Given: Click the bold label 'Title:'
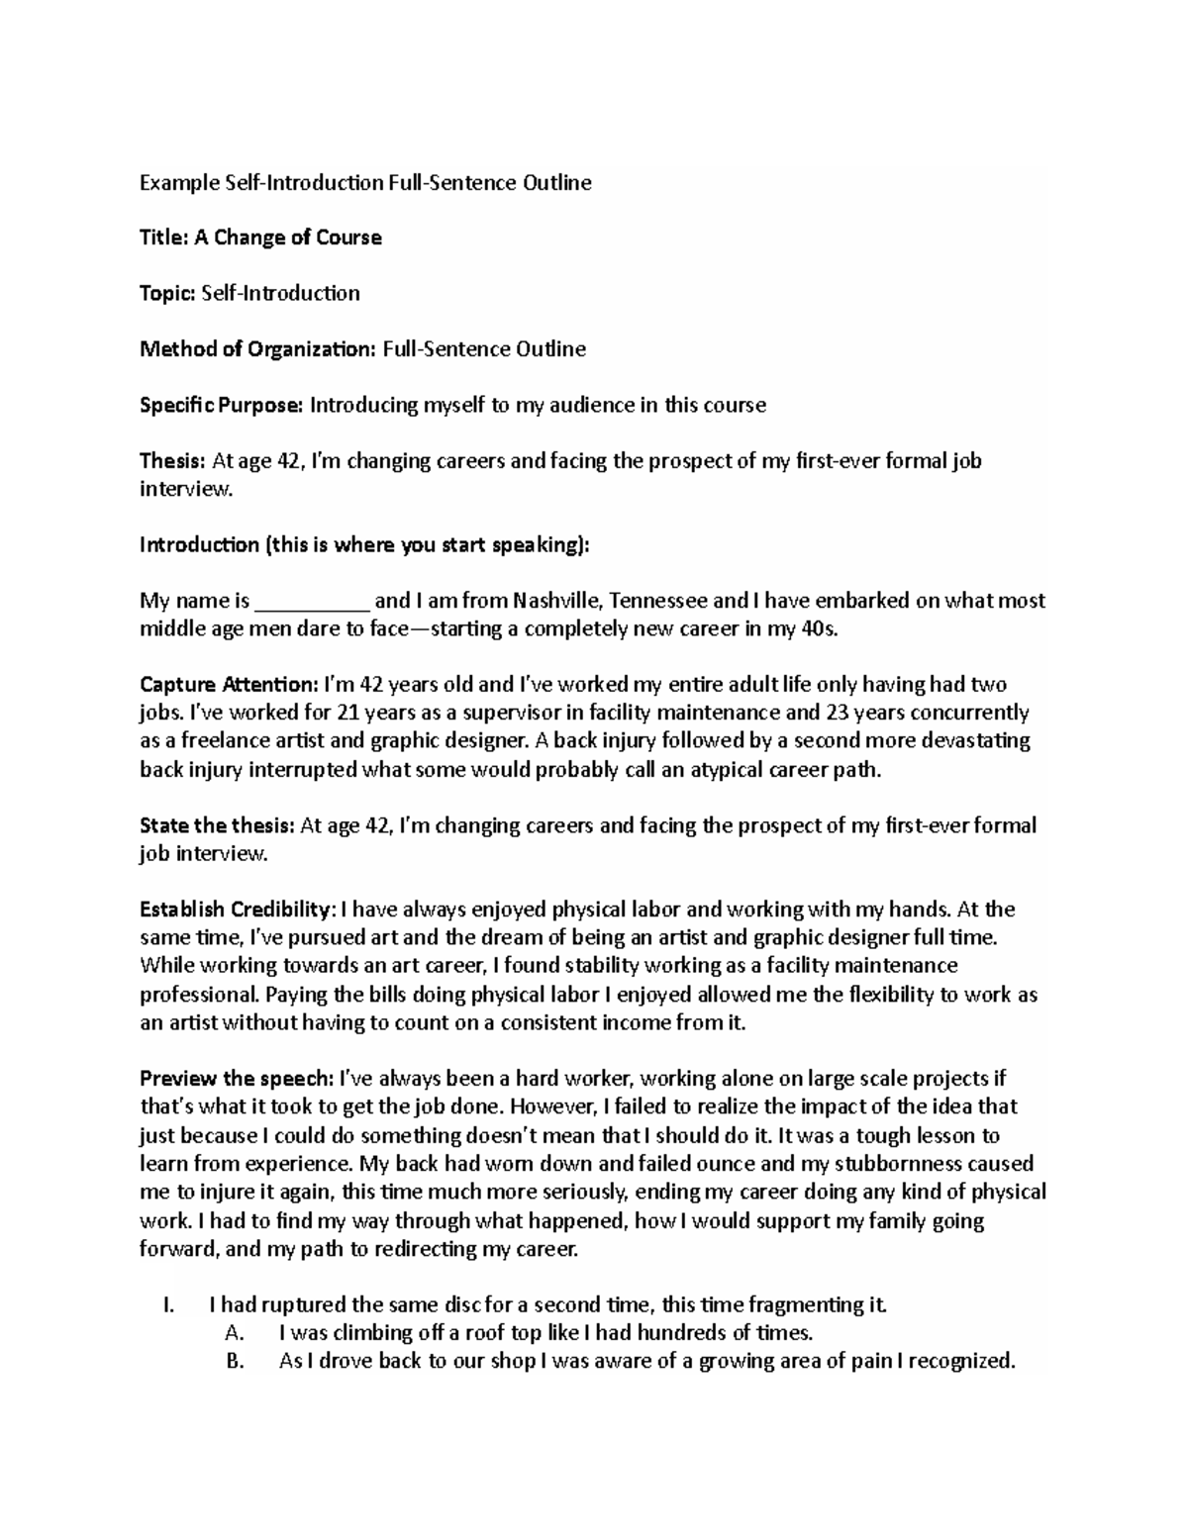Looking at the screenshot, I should click(163, 238).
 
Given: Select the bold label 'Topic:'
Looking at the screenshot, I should click(167, 293).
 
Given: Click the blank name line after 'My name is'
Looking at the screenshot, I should click(312, 601).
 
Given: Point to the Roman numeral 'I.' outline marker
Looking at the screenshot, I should click(167, 1304).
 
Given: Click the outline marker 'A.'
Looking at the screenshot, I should click(235, 1332).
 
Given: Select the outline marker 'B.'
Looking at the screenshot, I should click(235, 1361).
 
